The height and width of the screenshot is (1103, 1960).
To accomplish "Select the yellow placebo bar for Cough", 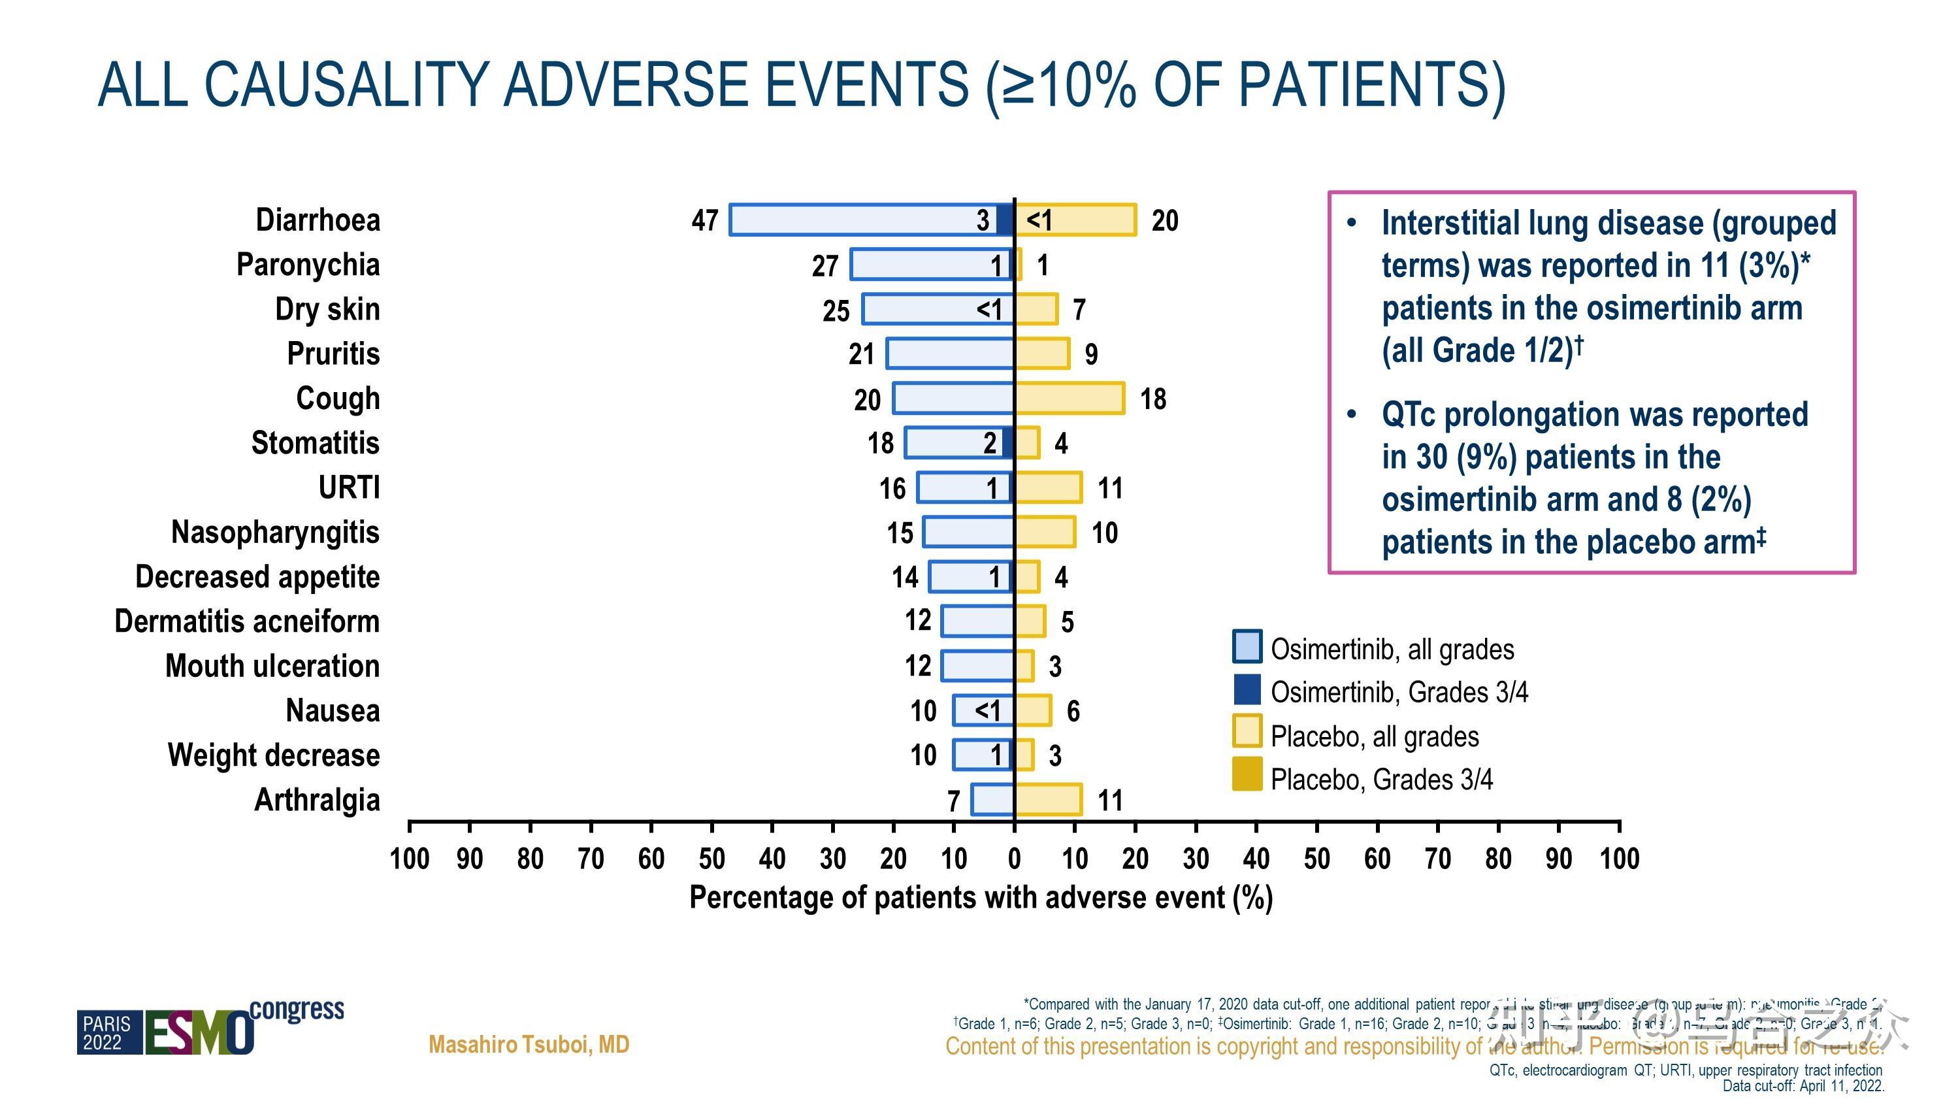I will click(1069, 398).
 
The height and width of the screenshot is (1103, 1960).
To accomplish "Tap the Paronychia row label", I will click(308, 265).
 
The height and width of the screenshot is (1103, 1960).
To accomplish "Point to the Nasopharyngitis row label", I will click(276, 532).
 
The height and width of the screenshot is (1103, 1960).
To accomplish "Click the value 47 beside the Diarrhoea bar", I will click(704, 221).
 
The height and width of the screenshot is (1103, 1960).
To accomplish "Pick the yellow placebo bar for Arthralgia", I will click(1049, 800).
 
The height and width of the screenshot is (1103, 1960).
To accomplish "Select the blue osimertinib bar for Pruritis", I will click(949, 354).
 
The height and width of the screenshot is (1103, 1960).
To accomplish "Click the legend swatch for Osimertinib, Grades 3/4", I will click(1247, 689).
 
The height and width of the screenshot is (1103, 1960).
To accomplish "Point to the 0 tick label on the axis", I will click(1014, 859).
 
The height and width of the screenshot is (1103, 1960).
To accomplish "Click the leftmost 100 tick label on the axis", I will click(410, 859).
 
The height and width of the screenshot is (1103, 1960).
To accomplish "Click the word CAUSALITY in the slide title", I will click(346, 84).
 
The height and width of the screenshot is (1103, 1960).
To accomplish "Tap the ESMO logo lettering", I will click(199, 1033).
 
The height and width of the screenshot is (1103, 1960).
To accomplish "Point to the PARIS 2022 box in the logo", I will click(107, 1033).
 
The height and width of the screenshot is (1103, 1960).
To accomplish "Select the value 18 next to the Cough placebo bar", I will click(1152, 399).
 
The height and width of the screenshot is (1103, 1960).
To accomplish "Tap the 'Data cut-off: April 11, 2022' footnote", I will click(1803, 1086).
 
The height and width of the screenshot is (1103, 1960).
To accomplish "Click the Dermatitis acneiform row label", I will click(246, 621).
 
